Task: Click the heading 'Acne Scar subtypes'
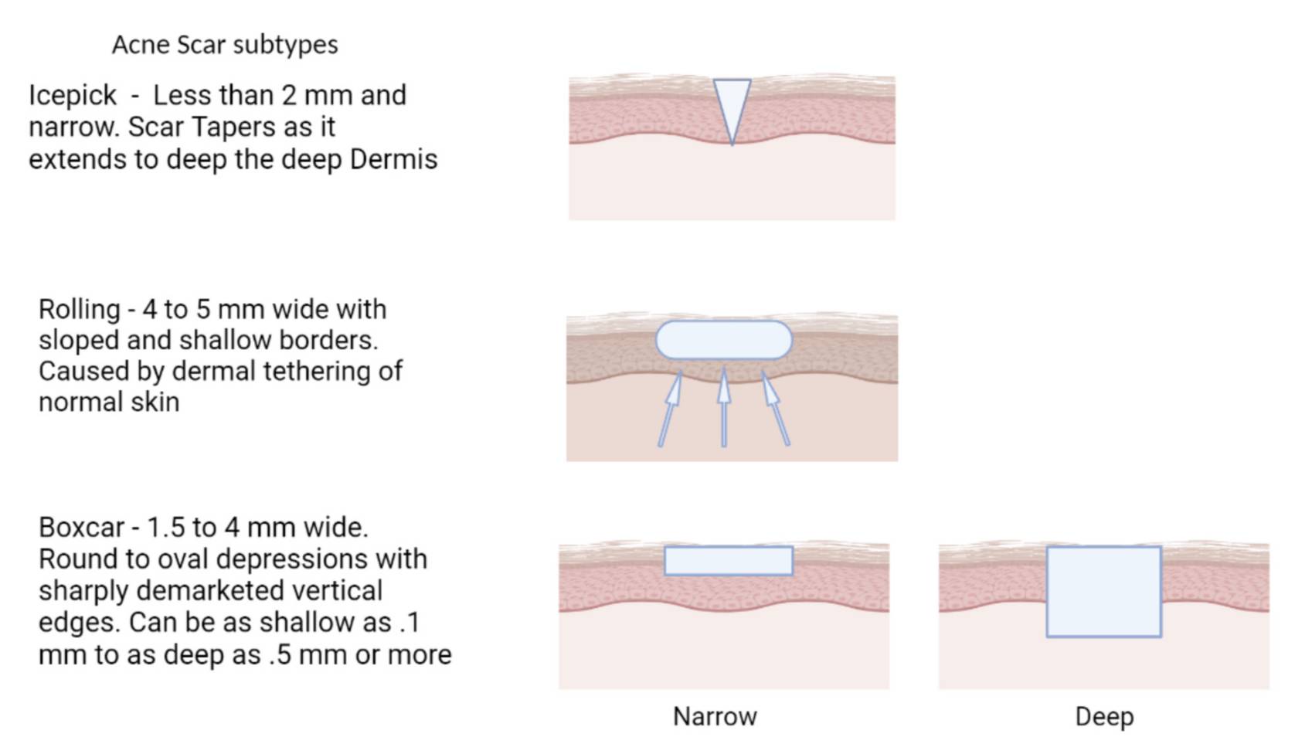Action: [x=225, y=46]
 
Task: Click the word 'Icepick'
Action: [x=73, y=96]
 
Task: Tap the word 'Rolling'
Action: [x=80, y=311]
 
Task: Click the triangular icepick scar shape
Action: [x=732, y=104]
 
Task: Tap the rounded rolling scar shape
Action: [x=724, y=341]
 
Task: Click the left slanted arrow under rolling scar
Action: [x=670, y=409]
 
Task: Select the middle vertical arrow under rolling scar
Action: [x=724, y=407]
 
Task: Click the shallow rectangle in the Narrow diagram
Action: [x=729, y=561]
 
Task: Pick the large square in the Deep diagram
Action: [x=1104, y=592]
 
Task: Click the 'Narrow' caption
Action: [x=715, y=717]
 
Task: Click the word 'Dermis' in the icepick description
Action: [x=394, y=160]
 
